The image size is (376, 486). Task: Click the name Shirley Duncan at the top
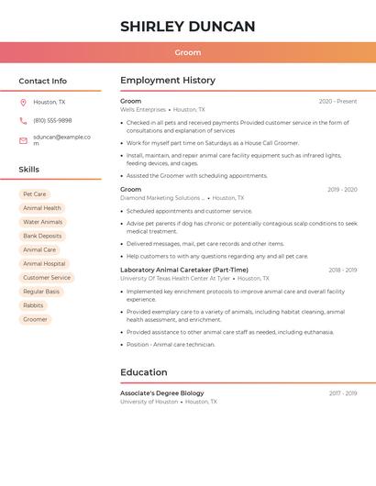tap(187, 27)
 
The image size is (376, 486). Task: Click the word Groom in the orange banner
tap(188, 52)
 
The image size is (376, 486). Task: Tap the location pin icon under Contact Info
tap(23, 102)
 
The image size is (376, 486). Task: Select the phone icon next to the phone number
tap(23, 120)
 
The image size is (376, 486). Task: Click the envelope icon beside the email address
tap(23, 140)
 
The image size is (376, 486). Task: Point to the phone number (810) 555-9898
tap(52, 120)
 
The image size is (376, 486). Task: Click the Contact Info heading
tap(42, 81)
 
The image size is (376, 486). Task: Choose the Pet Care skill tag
tap(34, 194)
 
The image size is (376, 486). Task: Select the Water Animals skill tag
tap(43, 222)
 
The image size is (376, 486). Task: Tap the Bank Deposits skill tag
tap(43, 236)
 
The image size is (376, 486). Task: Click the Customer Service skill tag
tap(47, 278)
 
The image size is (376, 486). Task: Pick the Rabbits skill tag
tap(33, 305)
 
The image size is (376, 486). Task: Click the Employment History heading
tap(168, 81)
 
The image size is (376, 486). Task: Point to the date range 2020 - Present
tap(337, 101)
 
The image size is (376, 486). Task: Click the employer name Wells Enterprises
tap(143, 110)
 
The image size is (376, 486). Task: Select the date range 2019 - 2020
tap(342, 189)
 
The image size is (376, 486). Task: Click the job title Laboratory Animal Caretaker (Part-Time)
tap(184, 270)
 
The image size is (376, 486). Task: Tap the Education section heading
tap(144, 372)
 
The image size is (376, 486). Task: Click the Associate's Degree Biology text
tap(162, 392)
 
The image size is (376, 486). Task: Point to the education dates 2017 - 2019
tap(343, 392)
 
